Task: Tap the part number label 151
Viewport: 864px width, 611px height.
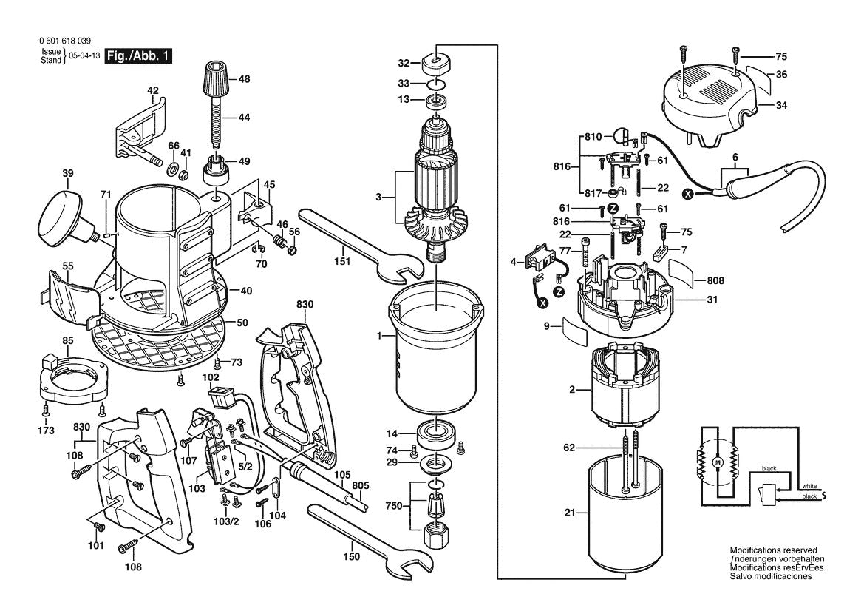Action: tap(342, 261)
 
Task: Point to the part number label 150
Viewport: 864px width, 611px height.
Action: tap(352, 556)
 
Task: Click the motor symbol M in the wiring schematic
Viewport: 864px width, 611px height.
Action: tap(716, 462)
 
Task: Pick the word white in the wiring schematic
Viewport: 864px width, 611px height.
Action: tap(809, 486)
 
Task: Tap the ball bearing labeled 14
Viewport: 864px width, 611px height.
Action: tap(436, 433)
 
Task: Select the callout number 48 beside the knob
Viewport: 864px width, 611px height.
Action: tap(244, 78)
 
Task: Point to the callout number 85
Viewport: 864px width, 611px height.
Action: tap(67, 341)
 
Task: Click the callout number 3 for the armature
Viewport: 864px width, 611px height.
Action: tap(380, 197)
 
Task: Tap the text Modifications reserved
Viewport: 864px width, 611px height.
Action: tap(773, 550)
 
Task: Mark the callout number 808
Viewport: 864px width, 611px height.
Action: tap(715, 281)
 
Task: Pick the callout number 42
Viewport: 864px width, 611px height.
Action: tap(153, 92)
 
